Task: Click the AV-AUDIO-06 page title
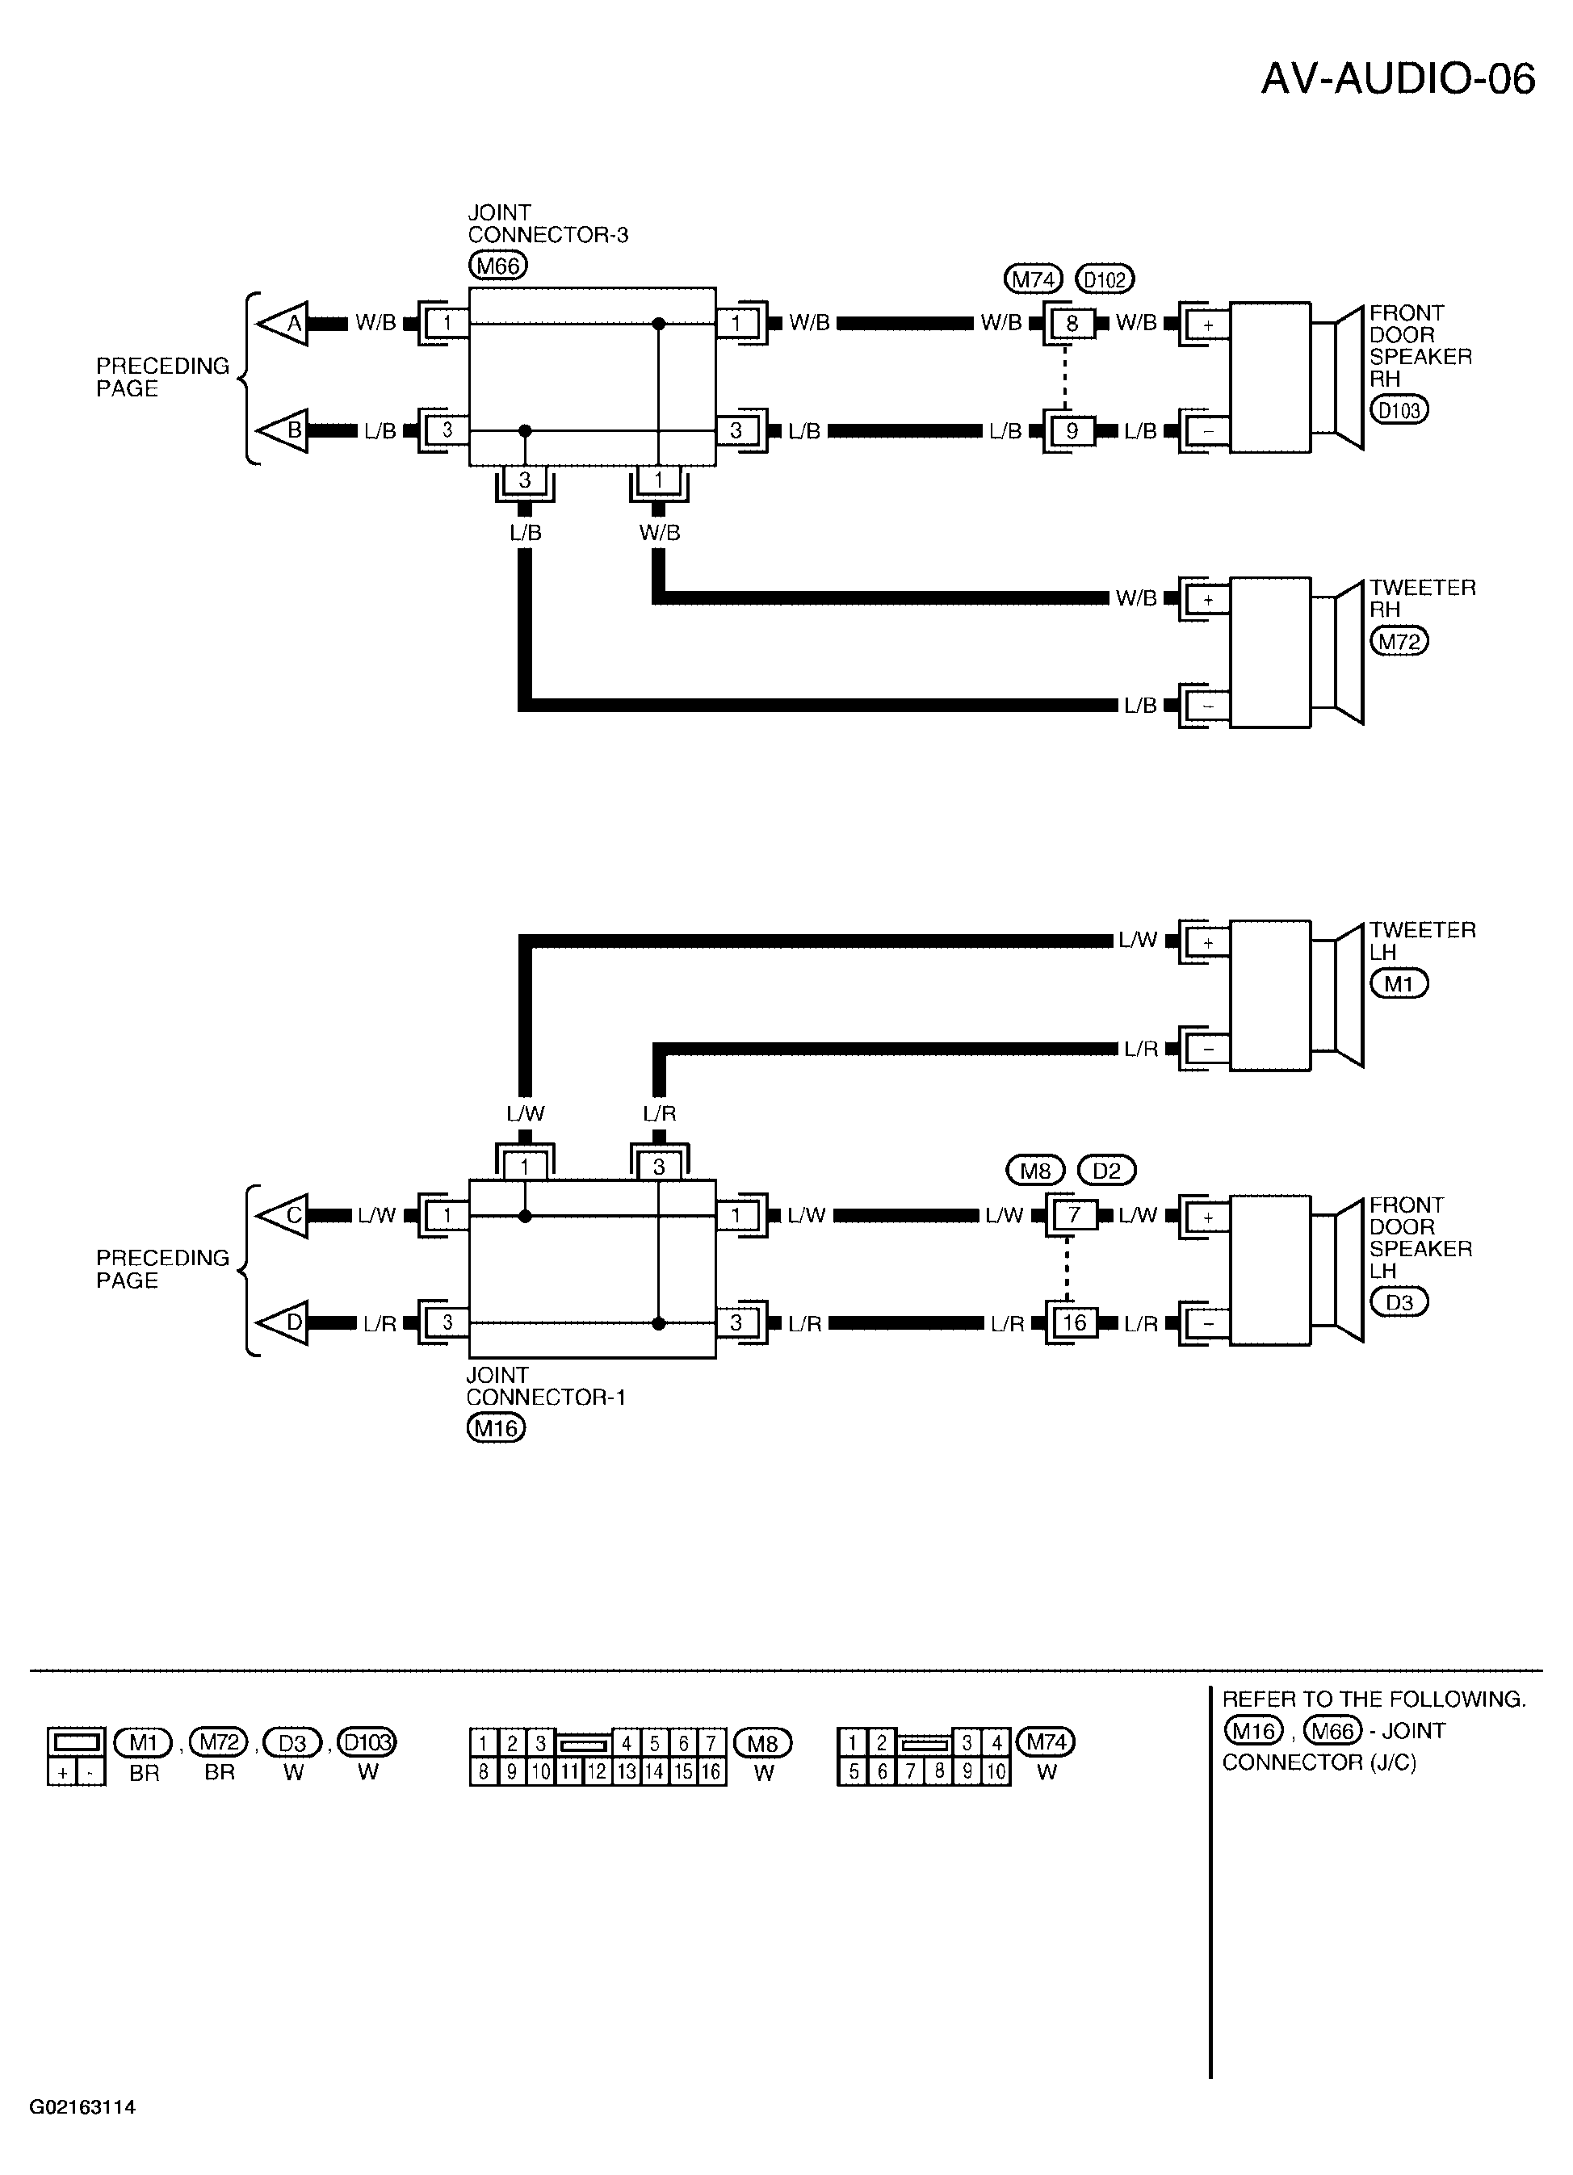coord(1398,78)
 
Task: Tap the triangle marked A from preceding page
coord(283,324)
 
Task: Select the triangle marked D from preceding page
coord(283,1323)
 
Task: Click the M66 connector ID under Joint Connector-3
coord(497,266)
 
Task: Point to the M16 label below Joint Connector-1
coord(496,1429)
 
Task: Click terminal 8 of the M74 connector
coord(1072,324)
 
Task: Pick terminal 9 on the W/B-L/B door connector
coord(1072,432)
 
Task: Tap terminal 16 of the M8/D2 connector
coord(1073,1323)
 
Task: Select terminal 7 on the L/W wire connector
coord(1073,1215)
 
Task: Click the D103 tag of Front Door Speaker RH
coord(1399,410)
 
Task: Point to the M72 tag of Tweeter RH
coord(1399,642)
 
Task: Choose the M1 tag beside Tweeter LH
coord(1399,984)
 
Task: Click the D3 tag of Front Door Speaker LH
coord(1399,1302)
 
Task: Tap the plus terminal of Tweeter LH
coord(1207,943)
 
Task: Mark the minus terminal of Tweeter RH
coord(1207,706)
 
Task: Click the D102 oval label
coord(1105,280)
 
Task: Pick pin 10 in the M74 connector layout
coord(996,1772)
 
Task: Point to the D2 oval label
coord(1106,1171)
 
